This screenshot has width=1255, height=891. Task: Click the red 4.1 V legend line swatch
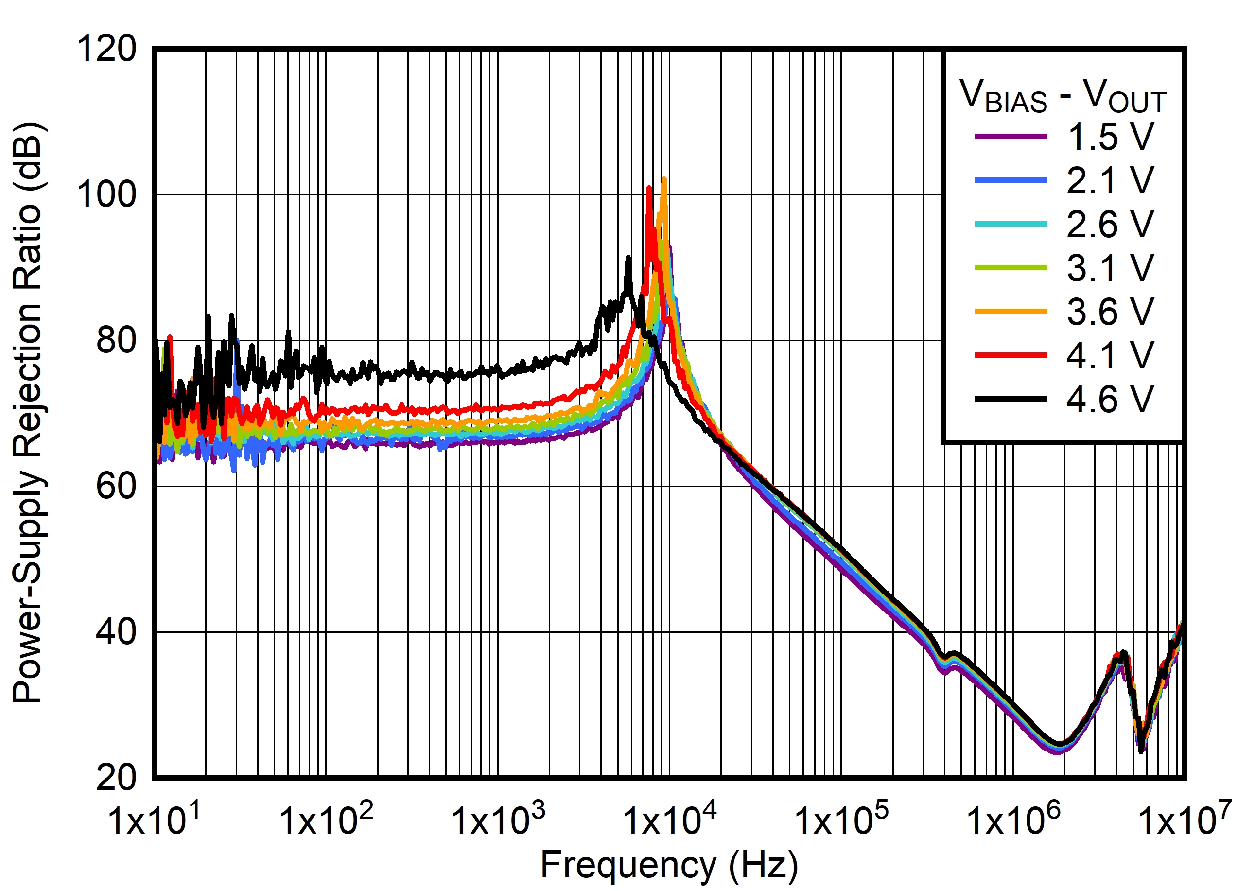[x=1011, y=355]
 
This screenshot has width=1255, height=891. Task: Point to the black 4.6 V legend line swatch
[x=1011, y=400]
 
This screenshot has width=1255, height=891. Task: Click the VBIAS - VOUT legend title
[x=1063, y=97]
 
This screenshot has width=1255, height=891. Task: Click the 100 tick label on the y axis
[x=107, y=194]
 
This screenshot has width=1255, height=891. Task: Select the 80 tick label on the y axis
[x=116, y=340]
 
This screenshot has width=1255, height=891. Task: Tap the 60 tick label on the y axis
[x=116, y=486]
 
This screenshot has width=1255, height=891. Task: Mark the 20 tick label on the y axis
[x=116, y=777]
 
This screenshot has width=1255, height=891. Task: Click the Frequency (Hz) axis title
[x=669, y=866]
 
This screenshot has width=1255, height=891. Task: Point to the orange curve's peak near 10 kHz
[x=664, y=179]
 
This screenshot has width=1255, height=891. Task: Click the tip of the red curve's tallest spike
[x=649, y=188]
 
